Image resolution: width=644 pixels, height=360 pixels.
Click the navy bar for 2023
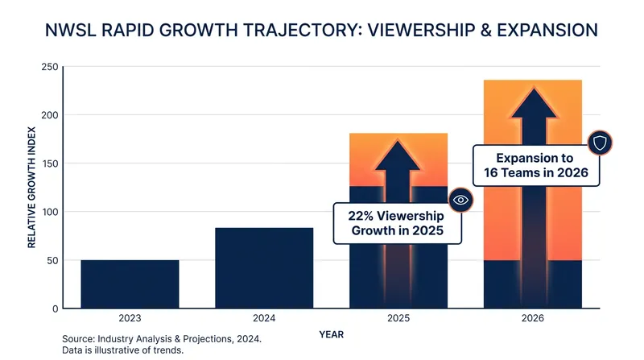pos(130,284)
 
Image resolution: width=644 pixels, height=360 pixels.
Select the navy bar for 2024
pos(264,268)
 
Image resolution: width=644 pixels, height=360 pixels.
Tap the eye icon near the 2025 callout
pos(460,201)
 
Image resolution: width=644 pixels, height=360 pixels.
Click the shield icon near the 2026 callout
pos(600,143)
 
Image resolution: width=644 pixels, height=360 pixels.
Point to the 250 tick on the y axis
pos(50,67)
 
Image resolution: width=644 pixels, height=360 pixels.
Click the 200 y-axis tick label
pos(50,115)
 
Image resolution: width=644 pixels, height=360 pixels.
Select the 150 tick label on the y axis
pos(50,163)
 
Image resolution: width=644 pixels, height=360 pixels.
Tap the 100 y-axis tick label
pos(50,212)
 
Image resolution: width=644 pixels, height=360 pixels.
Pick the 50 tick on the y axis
pos(52,261)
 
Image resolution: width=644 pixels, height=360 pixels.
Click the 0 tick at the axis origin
pos(56,309)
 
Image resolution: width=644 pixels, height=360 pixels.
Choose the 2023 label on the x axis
pos(130,318)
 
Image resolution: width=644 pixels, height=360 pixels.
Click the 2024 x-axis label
pos(264,318)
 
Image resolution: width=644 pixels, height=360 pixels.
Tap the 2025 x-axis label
pos(398,318)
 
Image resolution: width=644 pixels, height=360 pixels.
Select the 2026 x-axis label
pos(533,318)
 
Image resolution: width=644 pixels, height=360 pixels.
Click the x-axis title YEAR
pos(332,334)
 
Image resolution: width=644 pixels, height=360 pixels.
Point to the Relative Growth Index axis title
pos(31,188)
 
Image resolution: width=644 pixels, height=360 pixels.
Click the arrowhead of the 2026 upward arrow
pos(534,102)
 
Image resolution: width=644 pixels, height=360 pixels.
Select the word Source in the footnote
pos(78,339)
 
